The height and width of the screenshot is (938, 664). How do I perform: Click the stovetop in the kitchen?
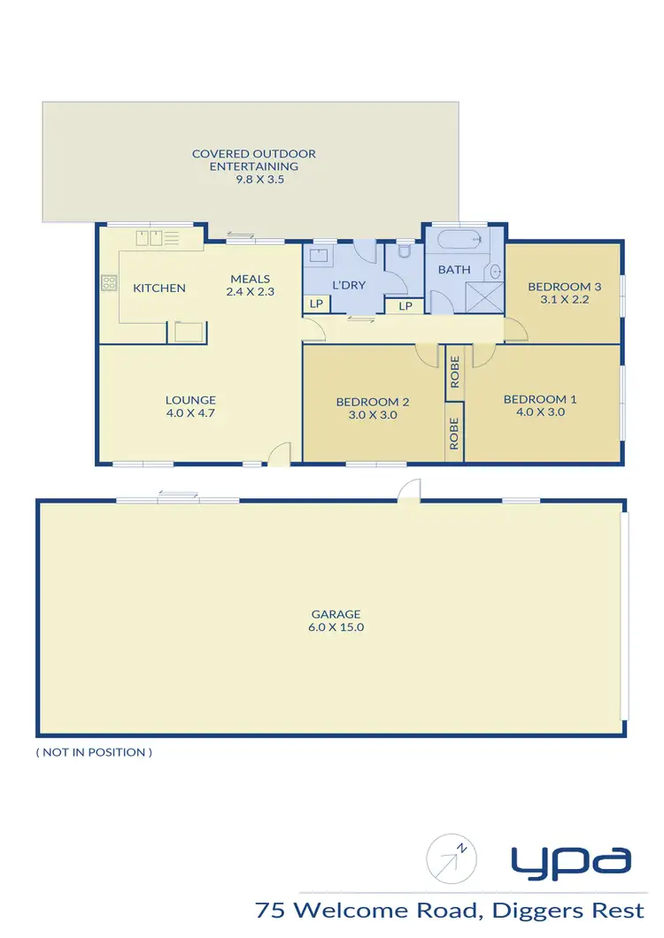click(x=110, y=283)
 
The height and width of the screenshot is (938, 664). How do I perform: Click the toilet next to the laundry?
click(x=405, y=251)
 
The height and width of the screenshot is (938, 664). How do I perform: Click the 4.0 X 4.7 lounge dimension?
click(x=190, y=411)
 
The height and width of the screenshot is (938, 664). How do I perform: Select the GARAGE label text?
click(x=336, y=613)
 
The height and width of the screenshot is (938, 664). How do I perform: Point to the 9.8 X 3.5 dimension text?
click(x=254, y=179)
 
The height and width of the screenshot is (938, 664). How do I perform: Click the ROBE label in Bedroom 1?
click(x=454, y=372)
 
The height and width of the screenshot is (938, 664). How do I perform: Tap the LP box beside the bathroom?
click(x=405, y=306)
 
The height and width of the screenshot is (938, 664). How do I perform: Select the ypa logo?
click(x=570, y=859)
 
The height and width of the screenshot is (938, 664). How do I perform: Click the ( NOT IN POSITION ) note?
click(x=94, y=752)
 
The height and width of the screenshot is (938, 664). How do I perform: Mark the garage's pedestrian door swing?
click(x=409, y=490)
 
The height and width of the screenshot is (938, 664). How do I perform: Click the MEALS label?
click(x=251, y=279)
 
